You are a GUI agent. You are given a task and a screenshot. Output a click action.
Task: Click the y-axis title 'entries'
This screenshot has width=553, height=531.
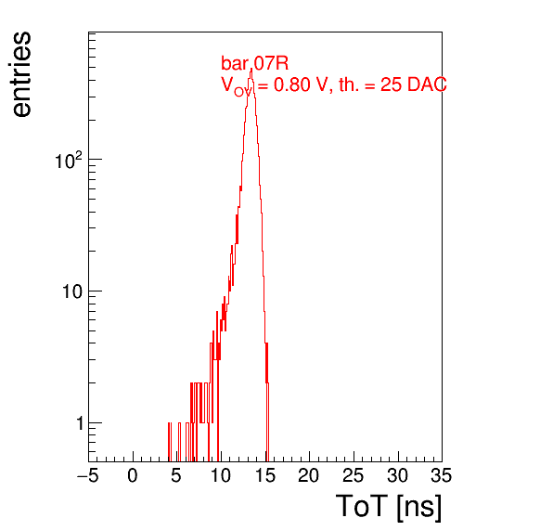click(x=22, y=74)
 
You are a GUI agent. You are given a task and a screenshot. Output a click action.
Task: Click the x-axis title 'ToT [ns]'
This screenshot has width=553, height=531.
click(x=389, y=507)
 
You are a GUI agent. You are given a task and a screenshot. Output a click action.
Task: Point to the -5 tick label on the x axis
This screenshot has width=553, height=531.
click(x=88, y=475)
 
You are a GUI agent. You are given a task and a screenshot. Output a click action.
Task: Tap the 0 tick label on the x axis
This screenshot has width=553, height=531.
click(x=133, y=475)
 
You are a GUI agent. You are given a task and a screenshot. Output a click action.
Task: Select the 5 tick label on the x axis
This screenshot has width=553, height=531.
click(x=176, y=475)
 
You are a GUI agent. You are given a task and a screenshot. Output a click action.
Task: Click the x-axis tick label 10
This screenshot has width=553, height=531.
click(x=221, y=475)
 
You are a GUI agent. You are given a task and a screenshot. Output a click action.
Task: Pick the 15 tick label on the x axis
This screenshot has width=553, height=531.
click(x=264, y=475)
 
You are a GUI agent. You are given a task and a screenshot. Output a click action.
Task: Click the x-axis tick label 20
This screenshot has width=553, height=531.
click(x=309, y=475)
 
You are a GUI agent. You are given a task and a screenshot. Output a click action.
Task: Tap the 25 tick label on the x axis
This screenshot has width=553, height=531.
click(x=353, y=475)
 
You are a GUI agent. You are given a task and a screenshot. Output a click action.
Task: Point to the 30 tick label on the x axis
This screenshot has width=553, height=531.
click(x=397, y=475)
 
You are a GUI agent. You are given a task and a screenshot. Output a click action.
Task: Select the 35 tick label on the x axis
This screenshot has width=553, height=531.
click(x=441, y=475)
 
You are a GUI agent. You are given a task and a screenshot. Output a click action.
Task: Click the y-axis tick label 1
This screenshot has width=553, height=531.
click(x=80, y=423)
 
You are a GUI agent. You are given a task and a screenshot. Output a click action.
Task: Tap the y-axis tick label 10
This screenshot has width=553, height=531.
click(x=73, y=291)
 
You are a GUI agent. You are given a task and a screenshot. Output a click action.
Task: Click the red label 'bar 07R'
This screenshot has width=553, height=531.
click(x=254, y=63)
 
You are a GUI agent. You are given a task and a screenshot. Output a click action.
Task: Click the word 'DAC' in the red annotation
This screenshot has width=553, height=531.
click(x=427, y=84)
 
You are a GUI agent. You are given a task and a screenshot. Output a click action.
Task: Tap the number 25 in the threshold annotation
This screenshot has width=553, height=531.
click(x=392, y=84)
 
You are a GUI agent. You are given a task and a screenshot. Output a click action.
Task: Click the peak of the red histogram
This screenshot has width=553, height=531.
click(x=251, y=69)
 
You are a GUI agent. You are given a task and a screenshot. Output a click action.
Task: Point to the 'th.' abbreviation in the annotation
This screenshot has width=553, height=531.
click(x=349, y=84)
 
